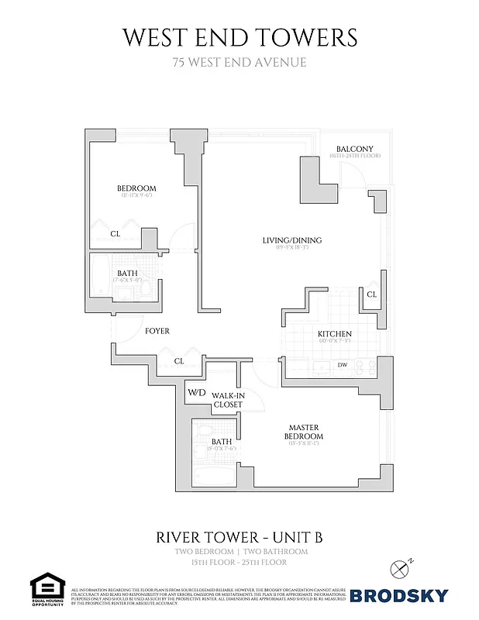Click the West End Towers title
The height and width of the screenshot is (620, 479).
click(239, 37)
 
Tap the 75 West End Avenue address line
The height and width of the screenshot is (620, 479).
click(239, 62)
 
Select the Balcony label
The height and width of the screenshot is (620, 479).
click(355, 149)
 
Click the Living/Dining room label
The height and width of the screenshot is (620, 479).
click(291, 240)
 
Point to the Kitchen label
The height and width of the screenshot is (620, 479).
click(335, 334)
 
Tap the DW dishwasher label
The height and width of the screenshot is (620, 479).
click(342, 364)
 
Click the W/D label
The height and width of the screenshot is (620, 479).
click(196, 392)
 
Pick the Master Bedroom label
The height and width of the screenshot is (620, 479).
click(305, 432)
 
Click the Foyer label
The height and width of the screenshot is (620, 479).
click(157, 331)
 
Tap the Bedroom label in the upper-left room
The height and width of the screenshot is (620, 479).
click(136, 188)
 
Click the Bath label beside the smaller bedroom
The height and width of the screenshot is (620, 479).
click(127, 274)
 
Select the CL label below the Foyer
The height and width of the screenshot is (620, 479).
click(179, 360)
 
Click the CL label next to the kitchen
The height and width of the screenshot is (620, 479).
click(371, 294)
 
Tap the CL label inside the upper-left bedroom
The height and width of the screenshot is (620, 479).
click(115, 233)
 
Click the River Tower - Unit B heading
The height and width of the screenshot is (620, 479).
click(239, 536)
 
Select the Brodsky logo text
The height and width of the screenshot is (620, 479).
click(399, 595)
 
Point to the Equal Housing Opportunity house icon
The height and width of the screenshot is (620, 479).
click(47, 586)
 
